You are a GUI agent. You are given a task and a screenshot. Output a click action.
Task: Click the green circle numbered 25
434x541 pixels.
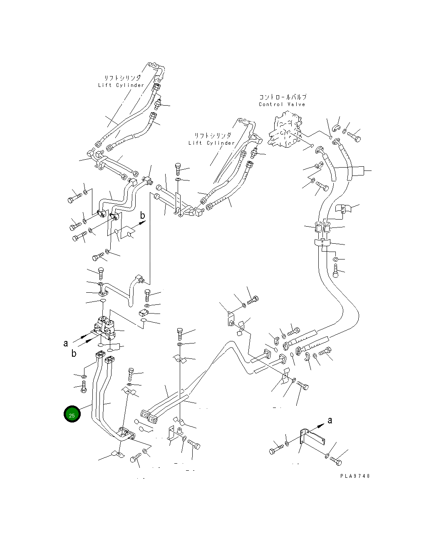click(72, 414)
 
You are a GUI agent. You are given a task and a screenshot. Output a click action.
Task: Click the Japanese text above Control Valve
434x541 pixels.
click(283, 97)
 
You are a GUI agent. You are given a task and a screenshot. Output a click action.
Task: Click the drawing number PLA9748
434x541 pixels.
click(355, 476)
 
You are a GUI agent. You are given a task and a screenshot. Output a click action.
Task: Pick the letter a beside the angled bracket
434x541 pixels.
click(330, 420)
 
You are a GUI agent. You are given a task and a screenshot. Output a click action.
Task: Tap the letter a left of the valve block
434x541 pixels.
click(66, 343)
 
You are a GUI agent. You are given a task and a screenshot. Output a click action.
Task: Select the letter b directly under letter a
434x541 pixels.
click(74, 353)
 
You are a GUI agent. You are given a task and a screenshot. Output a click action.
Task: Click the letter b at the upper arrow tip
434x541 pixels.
click(142, 215)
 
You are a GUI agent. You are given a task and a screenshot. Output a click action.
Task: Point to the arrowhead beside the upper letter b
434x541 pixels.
click(142, 222)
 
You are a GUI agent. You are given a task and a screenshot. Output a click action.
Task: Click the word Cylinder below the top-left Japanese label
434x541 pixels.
click(130, 85)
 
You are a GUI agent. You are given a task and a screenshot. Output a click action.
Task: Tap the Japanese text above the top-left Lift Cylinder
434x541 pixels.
click(122, 78)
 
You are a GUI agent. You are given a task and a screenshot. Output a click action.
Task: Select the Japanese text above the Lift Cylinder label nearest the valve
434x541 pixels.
click(213, 136)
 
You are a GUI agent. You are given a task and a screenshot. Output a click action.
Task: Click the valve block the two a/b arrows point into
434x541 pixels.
click(105, 328)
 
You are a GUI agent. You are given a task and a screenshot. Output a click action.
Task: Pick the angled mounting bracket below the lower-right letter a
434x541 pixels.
click(312, 438)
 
